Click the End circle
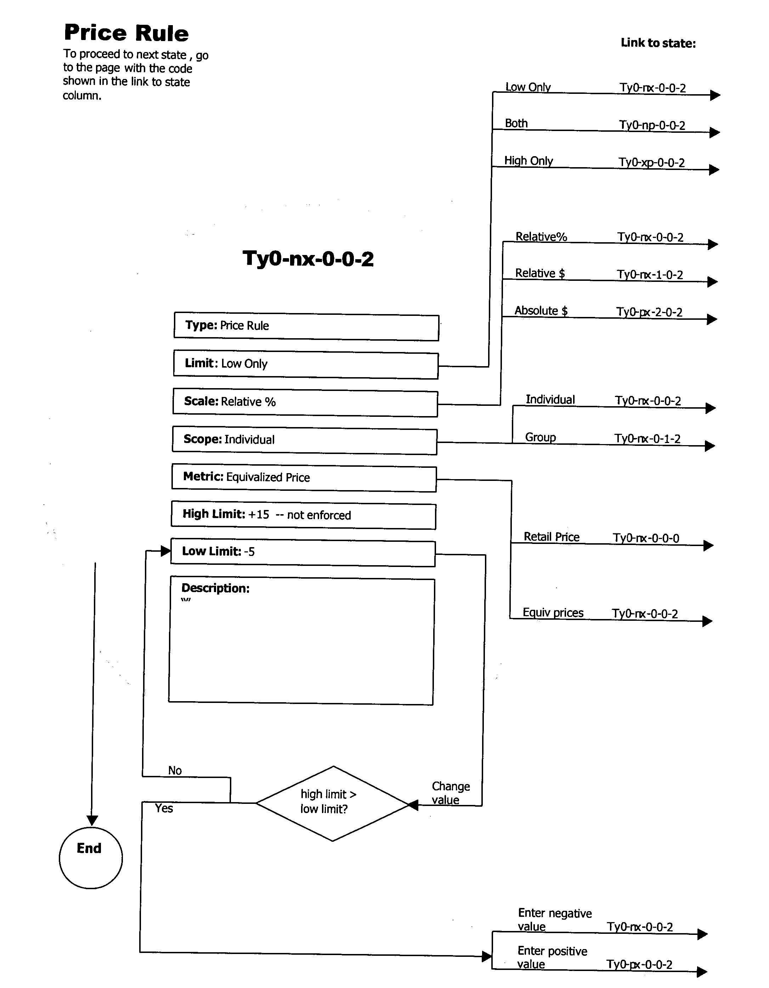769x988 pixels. point(91,857)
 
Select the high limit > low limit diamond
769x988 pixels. point(333,803)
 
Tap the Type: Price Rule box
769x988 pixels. point(306,327)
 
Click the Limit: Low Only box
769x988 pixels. point(306,365)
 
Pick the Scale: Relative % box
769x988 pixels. point(305,403)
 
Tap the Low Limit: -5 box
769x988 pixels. point(302,553)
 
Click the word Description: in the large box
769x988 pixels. point(215,588)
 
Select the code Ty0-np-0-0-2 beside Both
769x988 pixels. point(652,125)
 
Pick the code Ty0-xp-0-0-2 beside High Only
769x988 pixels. point(651,163)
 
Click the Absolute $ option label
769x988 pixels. point(541,311)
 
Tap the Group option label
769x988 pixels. point(541,437)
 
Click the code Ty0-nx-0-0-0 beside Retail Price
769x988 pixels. point(646,538)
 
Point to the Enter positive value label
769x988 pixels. point(552,957)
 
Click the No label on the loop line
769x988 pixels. point(175,771)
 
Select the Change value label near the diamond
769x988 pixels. point(450,793)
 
